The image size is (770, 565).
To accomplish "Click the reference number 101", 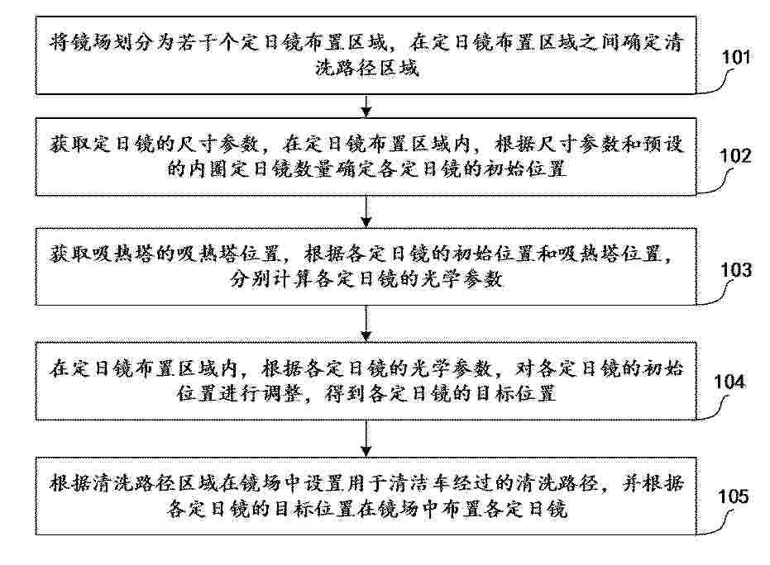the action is pyautogui.click(x=735, y=57).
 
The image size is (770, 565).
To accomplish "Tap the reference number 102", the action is pyautogui.click(x=735, y=156).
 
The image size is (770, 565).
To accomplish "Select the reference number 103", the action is pyautogui.click(x=736, y=270).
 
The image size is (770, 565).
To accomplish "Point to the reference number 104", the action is pyautogui.click(x=729, y=382).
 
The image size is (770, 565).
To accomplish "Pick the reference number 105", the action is pyautogui.click(x=733, y=496).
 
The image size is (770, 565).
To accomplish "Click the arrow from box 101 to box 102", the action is pyautogui.click(x=366, y=106).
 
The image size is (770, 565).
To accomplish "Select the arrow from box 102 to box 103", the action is pyautogui.click(x=366, y=211).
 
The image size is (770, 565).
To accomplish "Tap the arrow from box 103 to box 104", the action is pyautogui.click(x=366, y=323).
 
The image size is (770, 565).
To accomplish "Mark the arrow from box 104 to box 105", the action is pyautogui.click(x=366, y=439).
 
